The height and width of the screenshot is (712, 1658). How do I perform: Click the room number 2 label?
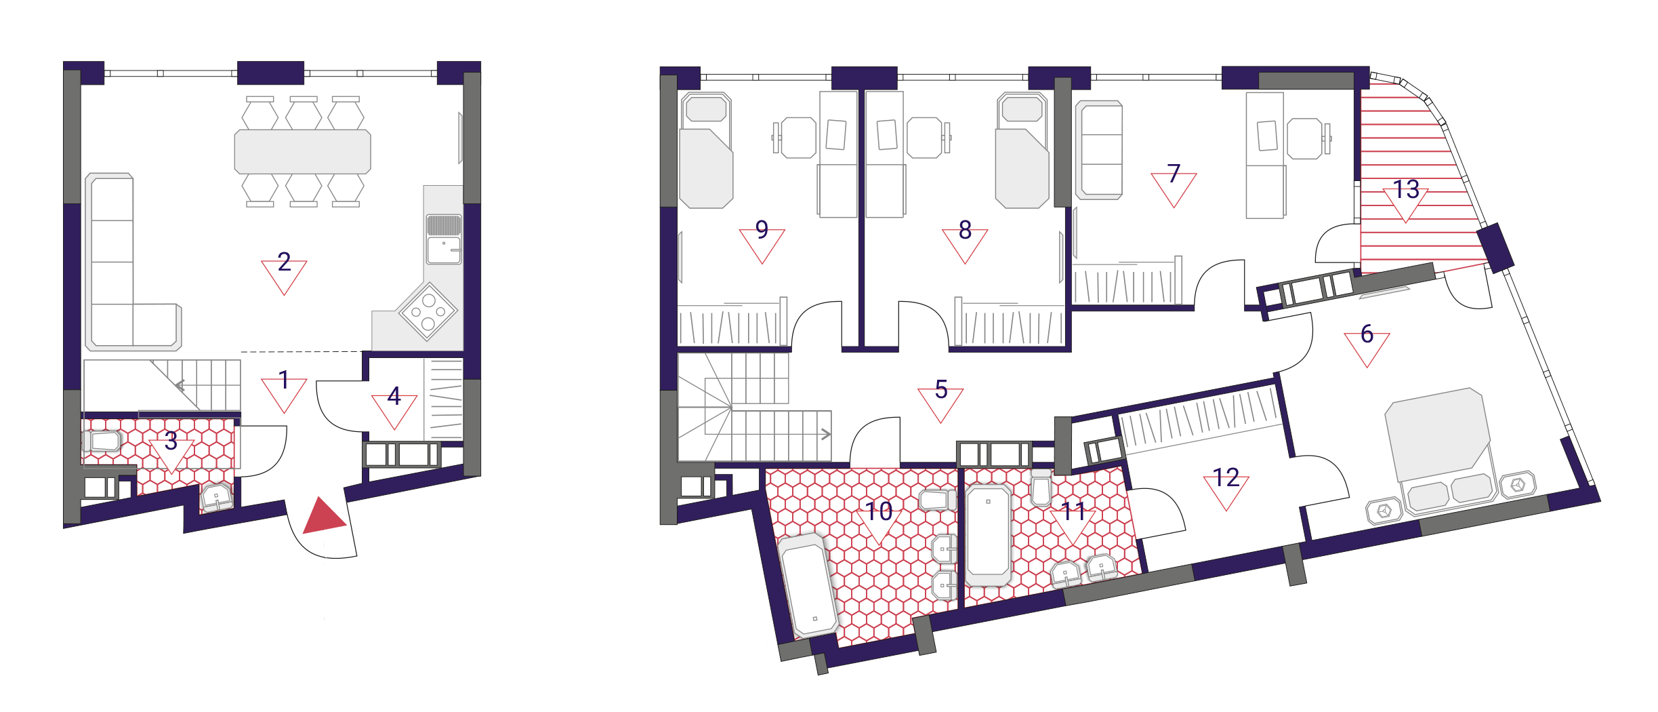click(285, 262)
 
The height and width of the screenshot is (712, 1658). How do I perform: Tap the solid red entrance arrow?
click(325, 515)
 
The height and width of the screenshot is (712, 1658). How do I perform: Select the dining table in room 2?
click(303, 152)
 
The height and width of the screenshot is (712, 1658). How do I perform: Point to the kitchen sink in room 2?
click(444, 239)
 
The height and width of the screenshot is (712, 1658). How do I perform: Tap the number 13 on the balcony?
click(1406, 189)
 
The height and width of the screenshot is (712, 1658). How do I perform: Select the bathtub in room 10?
click(808, 585)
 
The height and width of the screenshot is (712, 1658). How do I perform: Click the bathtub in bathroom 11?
click(989, 534)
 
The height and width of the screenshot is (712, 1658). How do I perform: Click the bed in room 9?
click(706, 151)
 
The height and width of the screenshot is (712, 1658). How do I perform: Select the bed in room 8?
click(1022, 151)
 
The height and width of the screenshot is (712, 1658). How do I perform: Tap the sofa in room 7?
click(1099, 150)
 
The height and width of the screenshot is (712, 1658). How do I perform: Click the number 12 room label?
click(1226, 477)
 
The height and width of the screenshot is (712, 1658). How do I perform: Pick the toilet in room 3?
click(102, 441)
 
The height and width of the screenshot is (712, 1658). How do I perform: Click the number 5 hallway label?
click(941, 389)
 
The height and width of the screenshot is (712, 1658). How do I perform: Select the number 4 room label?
click(394, 396)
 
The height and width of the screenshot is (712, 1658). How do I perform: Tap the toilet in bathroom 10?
click(938, 500)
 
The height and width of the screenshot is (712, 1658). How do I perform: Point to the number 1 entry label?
click(284, 380)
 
